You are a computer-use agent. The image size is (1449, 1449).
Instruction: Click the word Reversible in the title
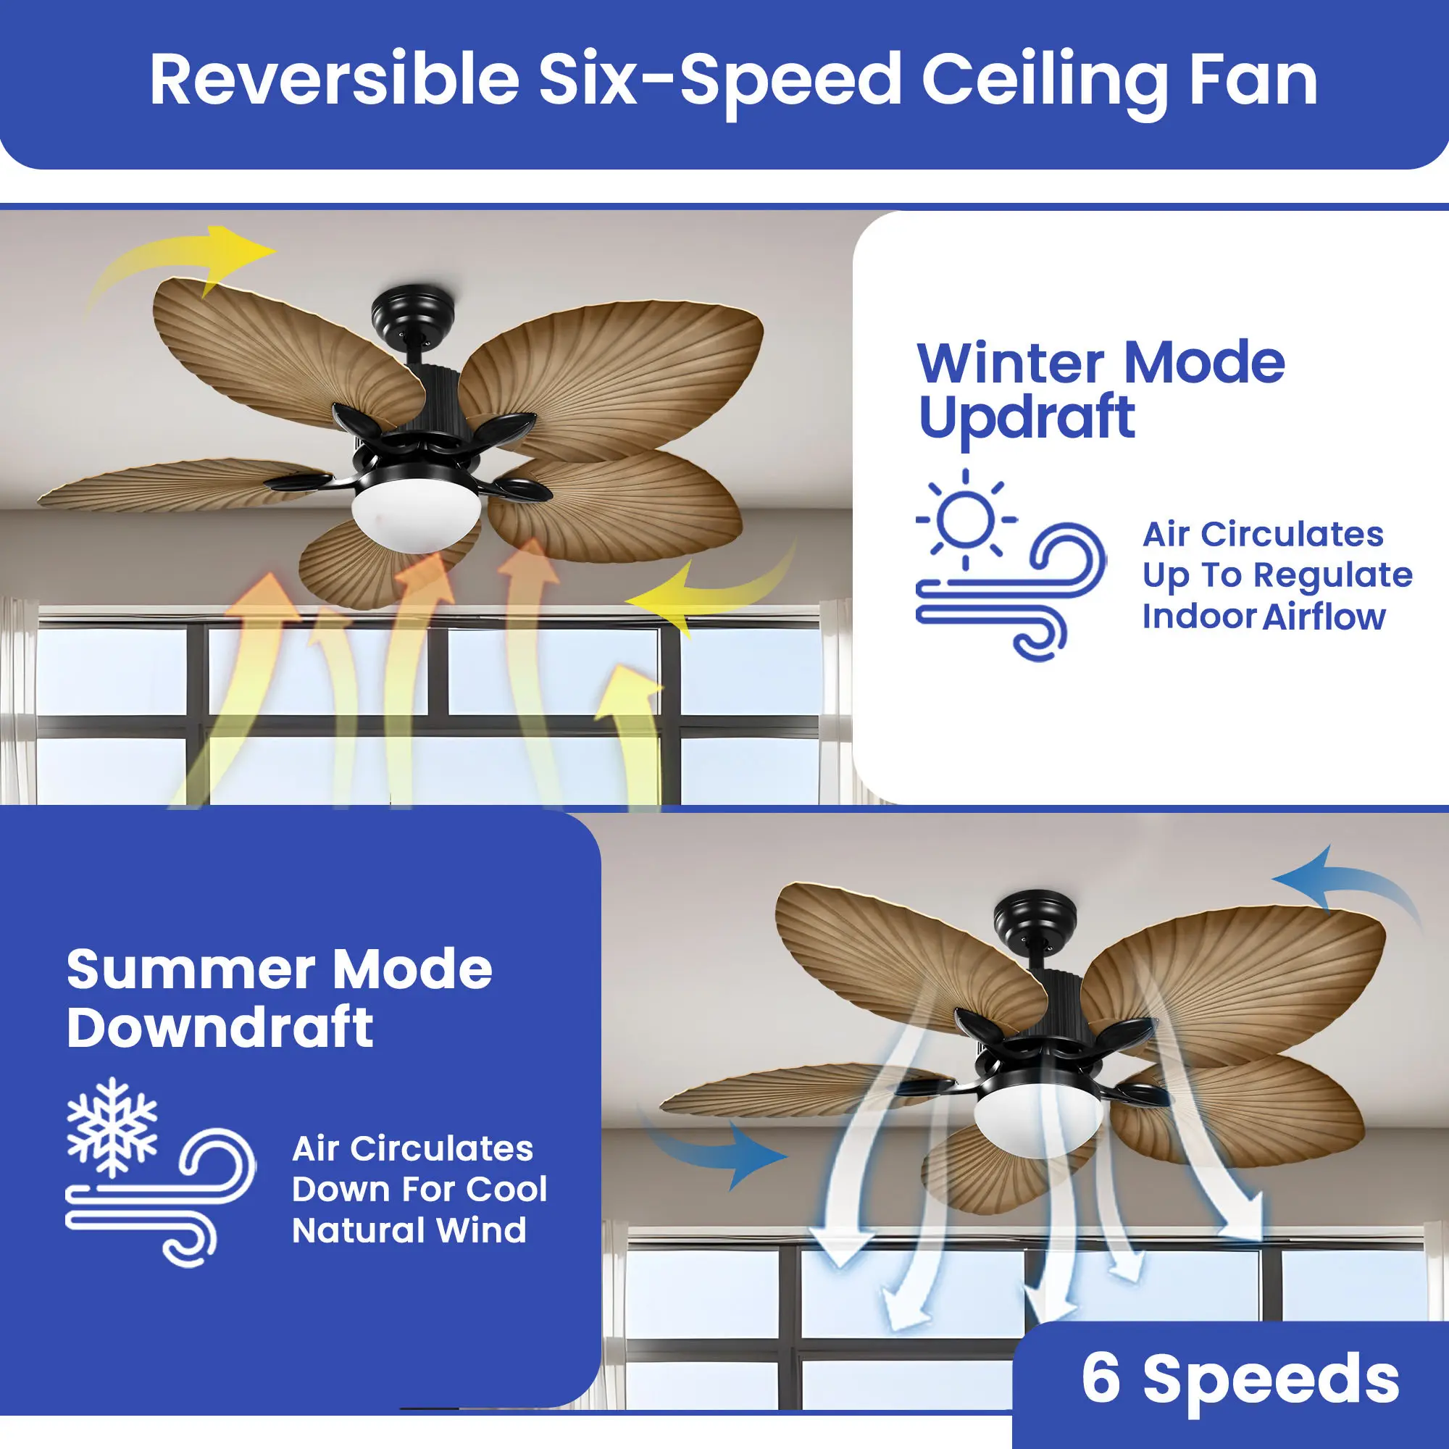click(335, 79)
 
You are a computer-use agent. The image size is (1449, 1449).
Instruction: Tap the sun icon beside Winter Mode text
click(966, 518)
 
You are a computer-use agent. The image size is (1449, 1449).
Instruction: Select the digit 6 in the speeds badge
click(1101, 1377)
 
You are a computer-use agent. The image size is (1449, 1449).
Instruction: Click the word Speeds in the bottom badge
click(1271, 1381)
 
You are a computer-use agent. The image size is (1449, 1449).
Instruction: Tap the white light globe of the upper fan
click(417, 515)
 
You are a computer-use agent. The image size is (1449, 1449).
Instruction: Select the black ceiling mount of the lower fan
click(1035, 918)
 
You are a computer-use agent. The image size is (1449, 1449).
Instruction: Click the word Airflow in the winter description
click(1324, 617)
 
